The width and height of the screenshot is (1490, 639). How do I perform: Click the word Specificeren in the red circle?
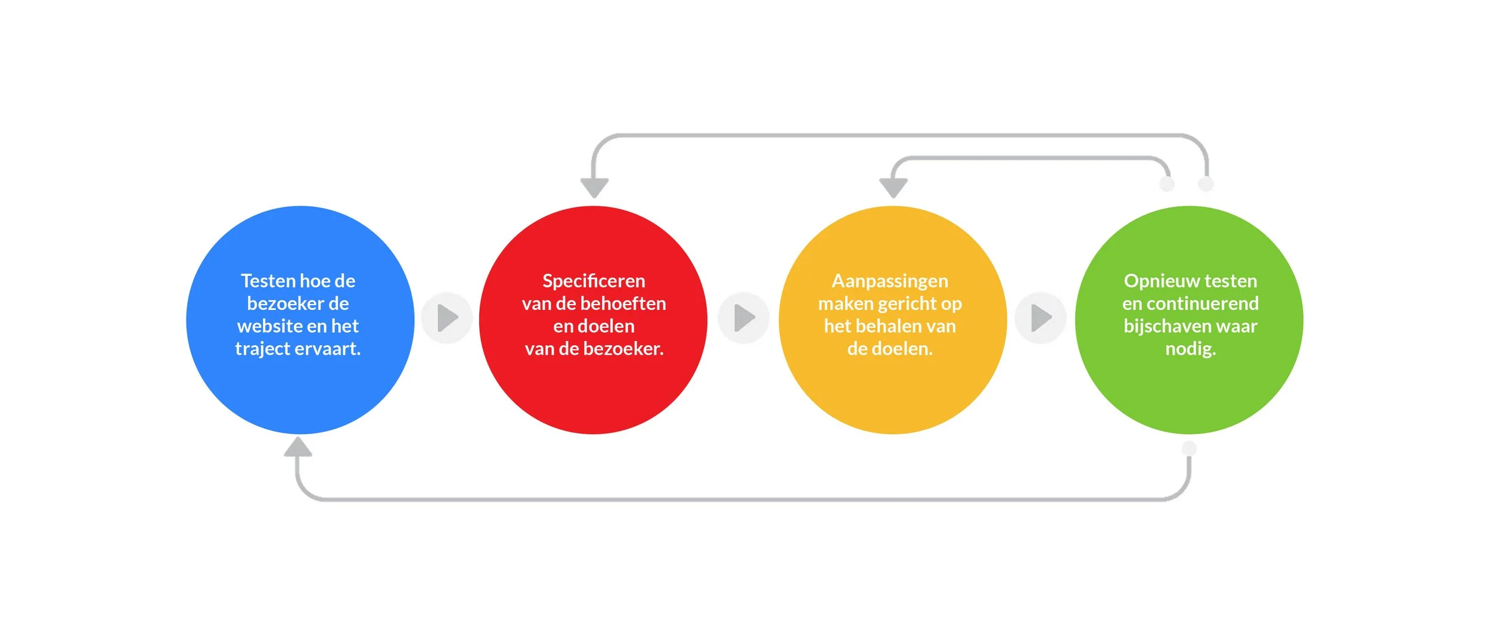click(594, 281)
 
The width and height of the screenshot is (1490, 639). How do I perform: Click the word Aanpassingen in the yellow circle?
click(890, 281)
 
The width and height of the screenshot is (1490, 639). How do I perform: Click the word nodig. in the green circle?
click(1190, 349)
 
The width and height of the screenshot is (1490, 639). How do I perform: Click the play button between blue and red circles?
click(447, 318)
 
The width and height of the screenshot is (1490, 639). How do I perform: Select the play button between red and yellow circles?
click(744, 318)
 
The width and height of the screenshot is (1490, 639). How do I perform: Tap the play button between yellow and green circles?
click(1041, 318)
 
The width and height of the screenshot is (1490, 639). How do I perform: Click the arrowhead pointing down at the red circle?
click(594, 187)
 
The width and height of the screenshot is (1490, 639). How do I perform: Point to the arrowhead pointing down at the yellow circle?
click(893, 187)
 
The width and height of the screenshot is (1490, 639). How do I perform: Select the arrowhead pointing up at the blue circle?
click(298, 447)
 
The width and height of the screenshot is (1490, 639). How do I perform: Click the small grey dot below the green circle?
click(1189, 448)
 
